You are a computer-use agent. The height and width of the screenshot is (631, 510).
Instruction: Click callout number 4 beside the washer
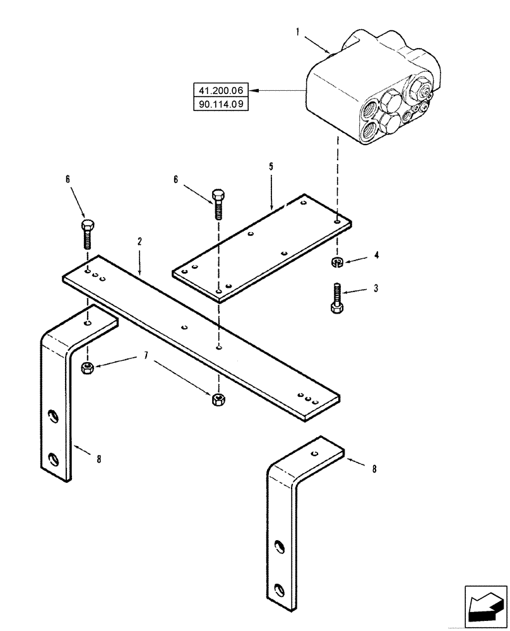click(x=377, y=256)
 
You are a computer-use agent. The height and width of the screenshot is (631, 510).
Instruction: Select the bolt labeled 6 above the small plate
click(x=218, y=204)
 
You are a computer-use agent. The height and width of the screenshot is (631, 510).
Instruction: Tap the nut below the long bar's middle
click(x=217, y=398)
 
